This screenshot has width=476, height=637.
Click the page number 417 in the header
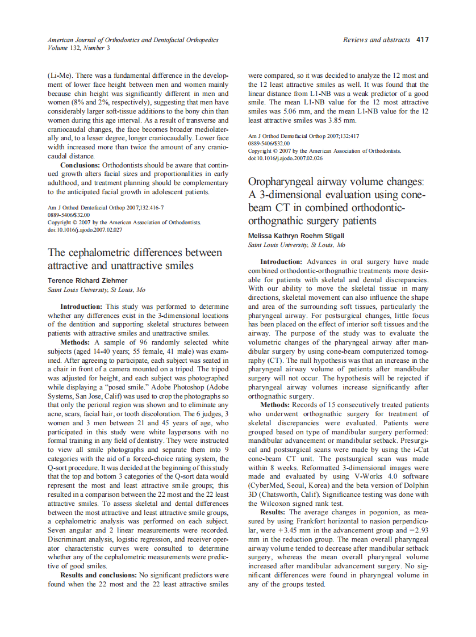coord(422,40)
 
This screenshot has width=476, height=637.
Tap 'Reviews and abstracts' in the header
coord(376,40)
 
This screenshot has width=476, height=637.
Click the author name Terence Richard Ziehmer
coord(87,280)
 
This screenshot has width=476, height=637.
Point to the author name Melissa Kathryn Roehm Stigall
coord(296,236)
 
